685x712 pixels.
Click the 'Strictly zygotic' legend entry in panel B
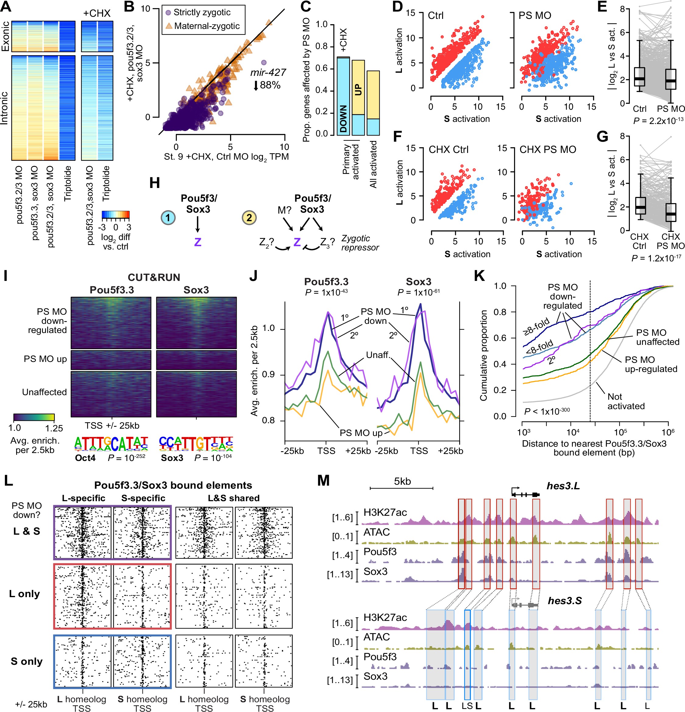[x=202, y=12]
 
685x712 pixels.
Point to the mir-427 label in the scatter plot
[x=268, y=73]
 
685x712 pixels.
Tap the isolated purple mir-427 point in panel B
[x=264, y=63]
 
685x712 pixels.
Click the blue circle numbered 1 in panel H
[x=168, y=218]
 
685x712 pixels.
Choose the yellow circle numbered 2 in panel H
[x=249, y=218]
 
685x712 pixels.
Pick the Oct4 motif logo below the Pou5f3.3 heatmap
[x=111, y=444]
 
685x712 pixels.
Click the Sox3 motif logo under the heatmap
[x=196, y=444]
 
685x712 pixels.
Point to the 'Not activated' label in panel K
[x=626, y=402]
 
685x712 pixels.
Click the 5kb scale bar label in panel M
[x=402, y=481]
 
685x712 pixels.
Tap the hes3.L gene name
[x=563, y=486]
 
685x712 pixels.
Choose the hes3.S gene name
[x=564, y=601]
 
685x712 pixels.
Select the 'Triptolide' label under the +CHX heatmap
[x=106, y=183]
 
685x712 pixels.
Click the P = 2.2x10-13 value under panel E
[x=658, y=121]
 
